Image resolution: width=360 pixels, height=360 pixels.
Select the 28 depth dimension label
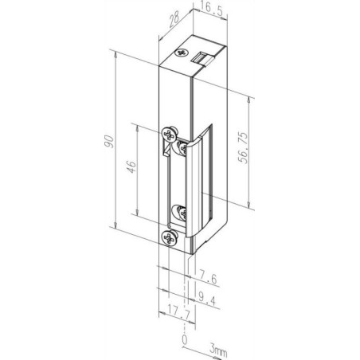[x=174, y=19]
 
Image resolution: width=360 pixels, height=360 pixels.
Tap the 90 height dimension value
[x=109, y=141]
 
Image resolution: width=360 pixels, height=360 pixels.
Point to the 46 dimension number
[x=131, y=167]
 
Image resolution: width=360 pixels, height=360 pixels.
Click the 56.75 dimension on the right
[x=243, y=147]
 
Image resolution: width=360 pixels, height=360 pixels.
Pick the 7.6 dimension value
[x=208, y=279]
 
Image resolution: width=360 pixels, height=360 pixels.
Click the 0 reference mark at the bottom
[x=185, y=340]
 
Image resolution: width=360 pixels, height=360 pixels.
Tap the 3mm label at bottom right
[x=218, y=350]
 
